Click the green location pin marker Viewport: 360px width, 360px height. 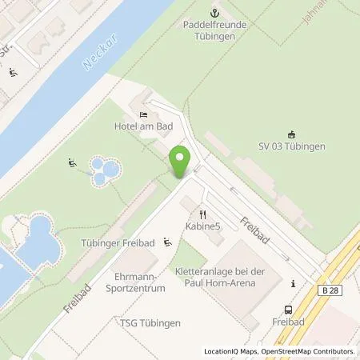pos(180,162)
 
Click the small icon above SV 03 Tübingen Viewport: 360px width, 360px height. pos(291,134)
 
